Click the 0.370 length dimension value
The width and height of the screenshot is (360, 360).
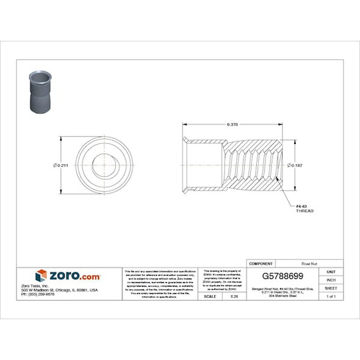coord(232,124)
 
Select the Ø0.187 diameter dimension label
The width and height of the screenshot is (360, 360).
coord(296,165)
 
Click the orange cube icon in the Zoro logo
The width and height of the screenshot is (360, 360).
coord(41,276)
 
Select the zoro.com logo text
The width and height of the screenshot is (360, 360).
coord(74,276)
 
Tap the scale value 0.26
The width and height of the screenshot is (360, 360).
coord(233,296)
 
